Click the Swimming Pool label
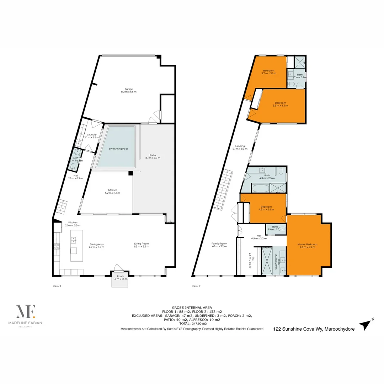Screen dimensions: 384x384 coord(118,149)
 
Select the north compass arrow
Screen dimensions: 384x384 coord(366,324)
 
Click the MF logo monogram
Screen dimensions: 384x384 coord(25,312)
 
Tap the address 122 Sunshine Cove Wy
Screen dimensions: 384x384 coord(314,329)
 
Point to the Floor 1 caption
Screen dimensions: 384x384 coord(57,286)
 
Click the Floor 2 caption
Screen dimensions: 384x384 coord(196,286)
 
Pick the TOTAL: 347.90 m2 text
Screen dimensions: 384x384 coord(192,324)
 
